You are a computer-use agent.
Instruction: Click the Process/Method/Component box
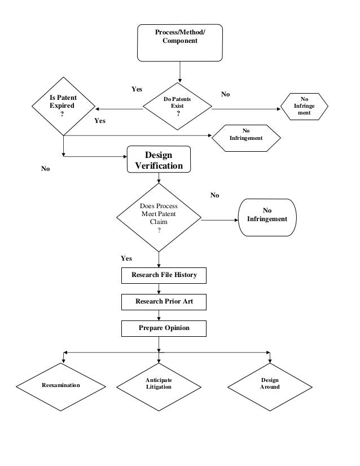(x=179, y=42)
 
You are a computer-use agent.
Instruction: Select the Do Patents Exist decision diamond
(x=178, y=106)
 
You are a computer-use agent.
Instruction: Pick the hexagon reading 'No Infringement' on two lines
(x=246, y=135)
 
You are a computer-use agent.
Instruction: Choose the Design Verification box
(x=159, y=160)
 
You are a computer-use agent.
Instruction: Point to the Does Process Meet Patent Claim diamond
(x=159, y=218)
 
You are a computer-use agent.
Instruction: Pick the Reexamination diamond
(x=61, y=385)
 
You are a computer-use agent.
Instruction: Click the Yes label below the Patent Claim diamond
(x=126, y=258)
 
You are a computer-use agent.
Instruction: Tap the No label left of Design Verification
(x=46, y=169)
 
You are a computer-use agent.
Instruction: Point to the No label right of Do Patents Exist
(x=225, y=94)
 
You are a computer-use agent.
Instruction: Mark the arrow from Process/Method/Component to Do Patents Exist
(x=179, y=72)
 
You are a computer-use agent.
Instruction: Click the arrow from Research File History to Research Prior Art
(x=160, y=289)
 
